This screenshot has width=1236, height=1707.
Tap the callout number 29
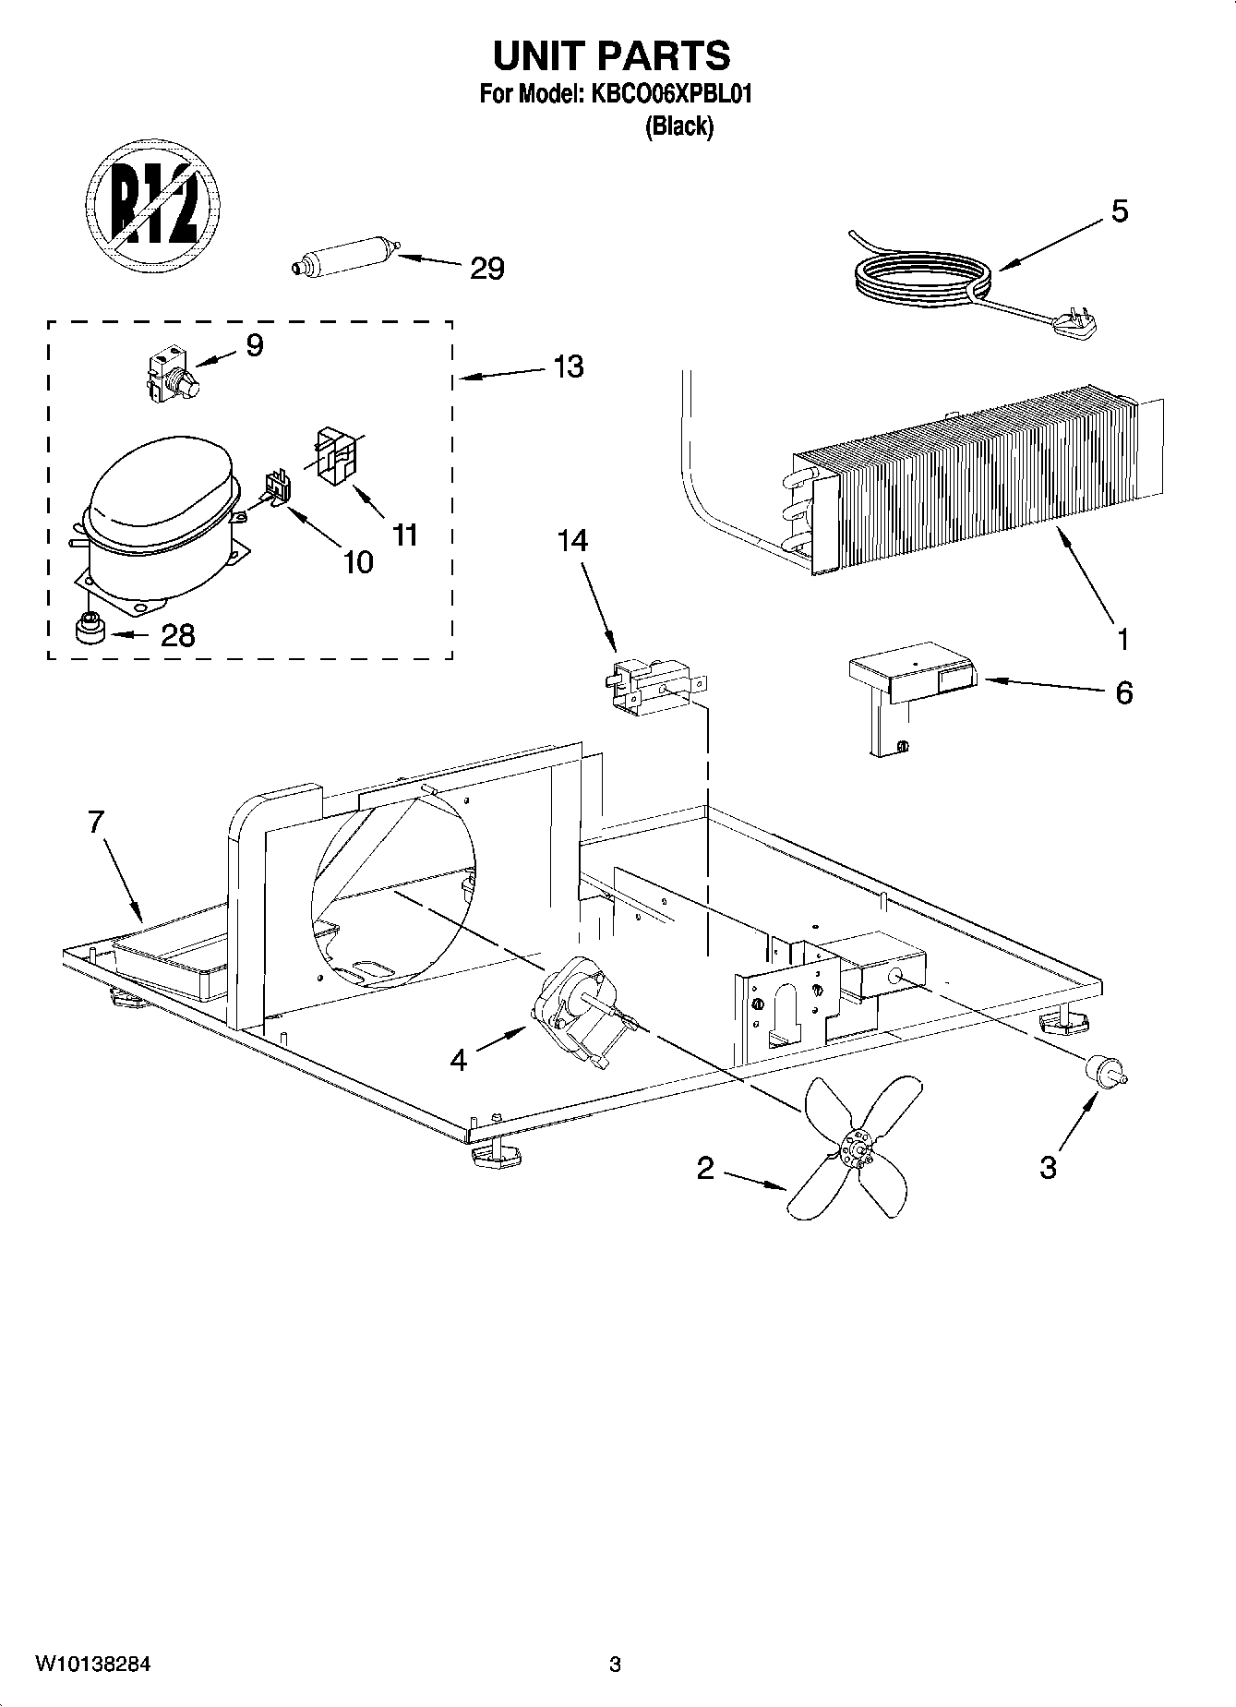coord(487,269)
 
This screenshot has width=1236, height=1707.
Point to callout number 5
coord(1119,211)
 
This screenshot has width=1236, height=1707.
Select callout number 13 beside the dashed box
coord(569,367)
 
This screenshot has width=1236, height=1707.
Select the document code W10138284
coord(92,1665)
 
